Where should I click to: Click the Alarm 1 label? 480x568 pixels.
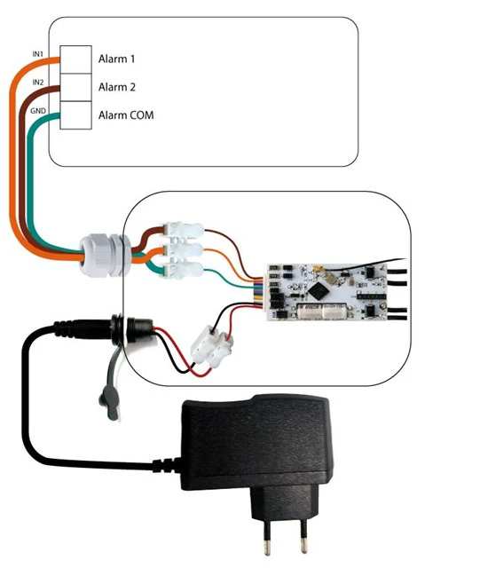116,59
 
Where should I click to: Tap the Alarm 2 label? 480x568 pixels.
116,87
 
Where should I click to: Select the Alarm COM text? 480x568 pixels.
126,115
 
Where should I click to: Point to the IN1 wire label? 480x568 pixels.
37,54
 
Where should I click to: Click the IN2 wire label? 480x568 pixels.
37,83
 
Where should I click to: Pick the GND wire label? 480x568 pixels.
37,111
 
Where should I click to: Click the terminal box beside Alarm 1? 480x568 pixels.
75,59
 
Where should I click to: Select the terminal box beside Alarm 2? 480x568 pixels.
75,87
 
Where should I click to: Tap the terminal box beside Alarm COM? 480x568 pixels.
75,115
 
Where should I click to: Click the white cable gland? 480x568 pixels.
105,256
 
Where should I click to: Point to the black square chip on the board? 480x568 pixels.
318,290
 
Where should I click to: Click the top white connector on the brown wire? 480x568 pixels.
184,230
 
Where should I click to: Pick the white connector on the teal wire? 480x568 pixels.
184,271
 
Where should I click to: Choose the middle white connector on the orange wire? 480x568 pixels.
184,250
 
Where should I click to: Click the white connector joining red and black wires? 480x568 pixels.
212,346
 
